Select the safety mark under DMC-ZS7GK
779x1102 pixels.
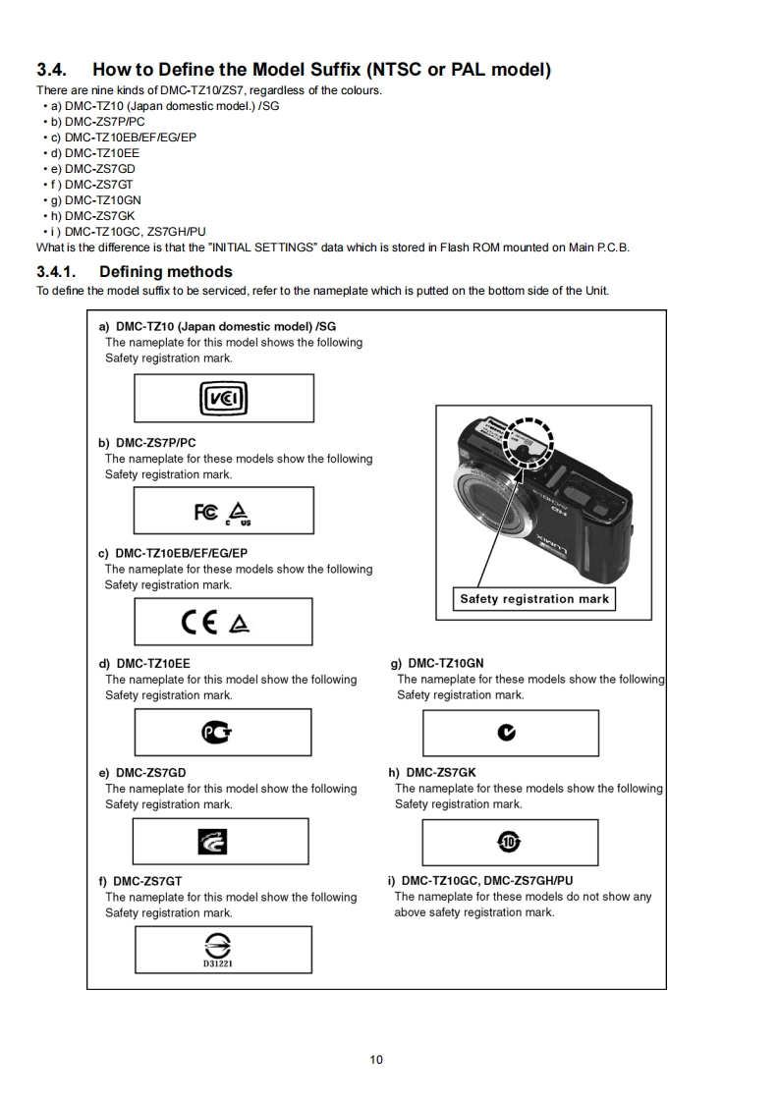click(x=509, y=842)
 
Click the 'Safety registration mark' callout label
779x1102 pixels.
click(x=534, y=599)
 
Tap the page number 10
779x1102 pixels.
click(x=376, y=1060)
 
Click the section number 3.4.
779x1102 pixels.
click(x=53, y=71)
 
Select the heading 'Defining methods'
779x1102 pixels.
click(x=165, y=272)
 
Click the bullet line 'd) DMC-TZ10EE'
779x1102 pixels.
click(x=91, y=153)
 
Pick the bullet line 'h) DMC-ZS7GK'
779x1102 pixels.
click(x=89, y=216)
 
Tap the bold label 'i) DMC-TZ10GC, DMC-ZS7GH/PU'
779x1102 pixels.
click(x=480, y=881)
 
